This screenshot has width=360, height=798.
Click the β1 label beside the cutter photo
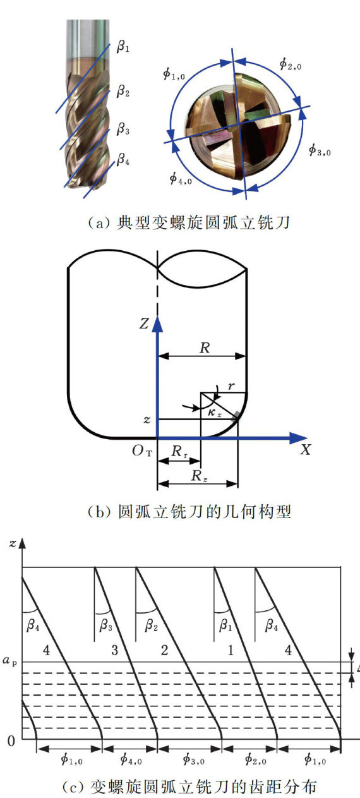pos(123,46)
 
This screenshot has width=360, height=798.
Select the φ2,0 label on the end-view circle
pos(290,64)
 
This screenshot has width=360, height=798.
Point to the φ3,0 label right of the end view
pos(320,150)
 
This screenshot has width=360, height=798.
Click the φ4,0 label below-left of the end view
pos(181,178)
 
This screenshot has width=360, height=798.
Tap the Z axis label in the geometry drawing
pos(144,323)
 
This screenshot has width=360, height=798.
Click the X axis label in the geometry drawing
pos(306,450)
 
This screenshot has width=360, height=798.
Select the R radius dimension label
pos(205,348)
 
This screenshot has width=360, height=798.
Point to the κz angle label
pos(214,413)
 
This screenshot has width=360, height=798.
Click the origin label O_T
pos(142,451)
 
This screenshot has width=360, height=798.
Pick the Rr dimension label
pos(180,452)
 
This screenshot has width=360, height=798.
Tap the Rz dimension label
pos(200,476)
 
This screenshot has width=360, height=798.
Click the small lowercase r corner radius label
pos(231,386)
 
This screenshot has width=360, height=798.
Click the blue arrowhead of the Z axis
pos(157,325)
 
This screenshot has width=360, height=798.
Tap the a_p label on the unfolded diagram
pos(9,660)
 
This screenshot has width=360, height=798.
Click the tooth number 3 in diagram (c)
pos(114,650)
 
